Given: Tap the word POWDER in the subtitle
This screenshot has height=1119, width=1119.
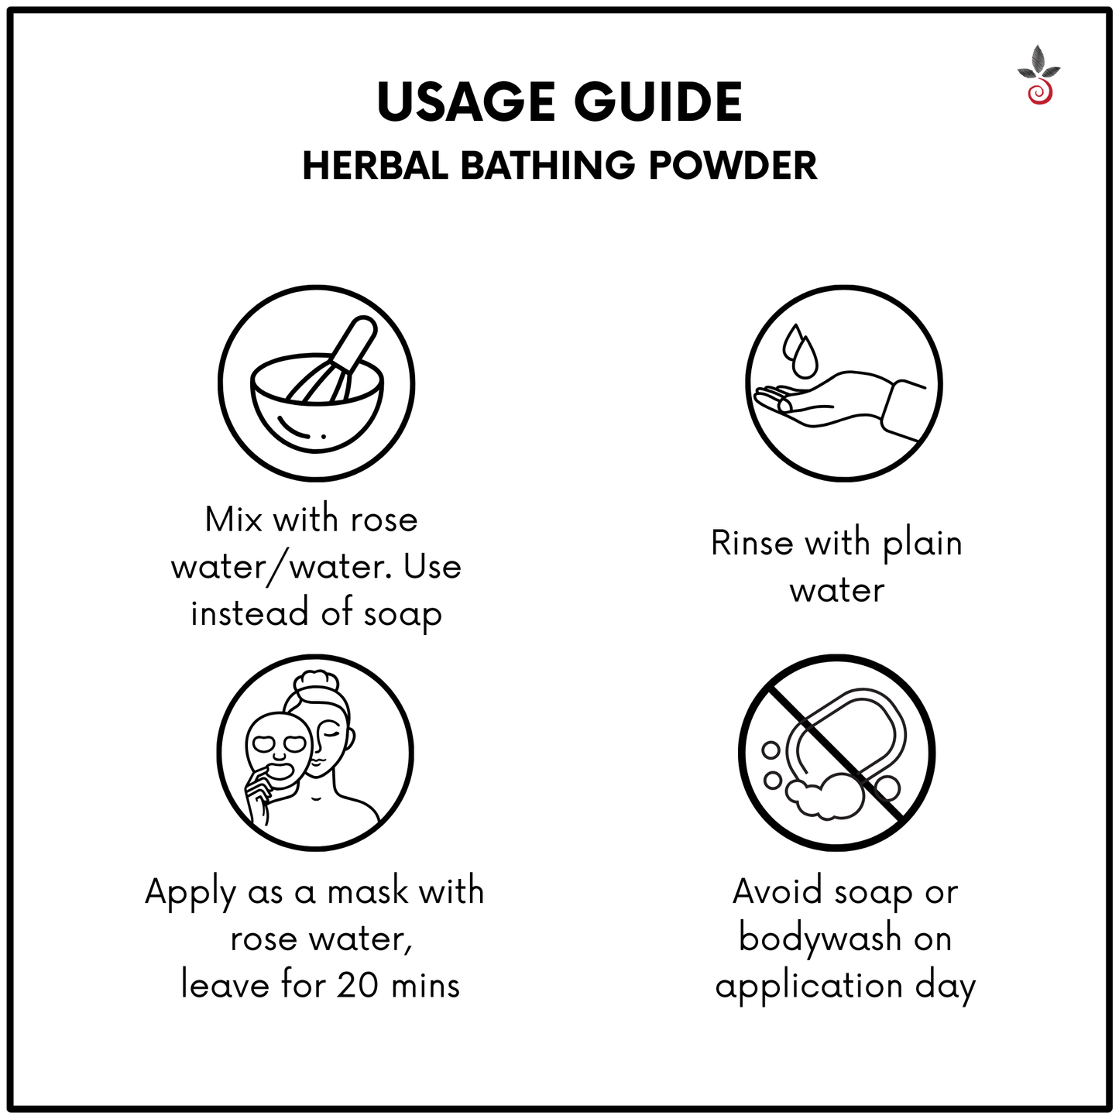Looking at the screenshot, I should (x=733, y=166).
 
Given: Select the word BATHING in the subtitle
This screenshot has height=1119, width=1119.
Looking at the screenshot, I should (x=548, y=166).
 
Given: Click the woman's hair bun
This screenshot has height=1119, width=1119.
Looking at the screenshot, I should (x=316, y=681).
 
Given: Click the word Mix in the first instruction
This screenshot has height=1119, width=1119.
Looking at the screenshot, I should (x=233, y=520).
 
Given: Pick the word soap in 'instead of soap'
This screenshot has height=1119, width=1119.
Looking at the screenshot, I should (x=403, y=614).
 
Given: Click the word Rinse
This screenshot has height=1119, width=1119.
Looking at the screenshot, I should (x=752, y=543).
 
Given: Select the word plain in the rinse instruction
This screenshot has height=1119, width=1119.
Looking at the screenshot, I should (x=922, y=543).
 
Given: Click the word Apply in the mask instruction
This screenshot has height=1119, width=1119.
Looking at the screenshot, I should (x=190, y=892).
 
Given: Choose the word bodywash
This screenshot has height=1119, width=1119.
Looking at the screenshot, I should (x=819, y=939).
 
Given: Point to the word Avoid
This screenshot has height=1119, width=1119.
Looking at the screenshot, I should (x=777, y=892).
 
